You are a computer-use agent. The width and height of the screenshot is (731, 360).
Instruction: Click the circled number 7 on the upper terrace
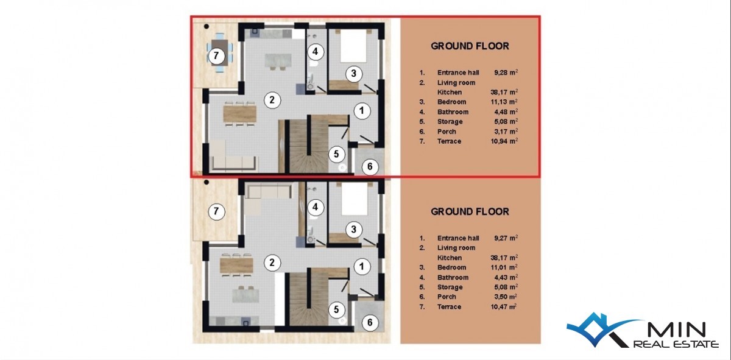pos(216,56)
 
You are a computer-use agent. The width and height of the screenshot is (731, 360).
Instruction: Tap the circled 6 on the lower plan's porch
pos(370,322)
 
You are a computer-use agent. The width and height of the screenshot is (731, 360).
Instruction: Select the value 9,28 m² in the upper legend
pos(506,72)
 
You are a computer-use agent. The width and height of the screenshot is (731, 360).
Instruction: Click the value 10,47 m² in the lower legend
pos(504,306)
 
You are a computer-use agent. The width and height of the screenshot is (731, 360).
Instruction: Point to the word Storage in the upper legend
pos(450,121)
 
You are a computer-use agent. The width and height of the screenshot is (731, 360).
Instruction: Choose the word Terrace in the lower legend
pos(449,306)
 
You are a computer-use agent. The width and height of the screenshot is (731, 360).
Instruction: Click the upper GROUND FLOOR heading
pos(470,46)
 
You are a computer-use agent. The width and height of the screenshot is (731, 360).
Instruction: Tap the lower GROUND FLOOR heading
pos(470,211)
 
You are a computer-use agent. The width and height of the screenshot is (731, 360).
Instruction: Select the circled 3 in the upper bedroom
pos(353,74)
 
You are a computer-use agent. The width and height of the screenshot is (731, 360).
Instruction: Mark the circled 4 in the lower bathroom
pos(315,207)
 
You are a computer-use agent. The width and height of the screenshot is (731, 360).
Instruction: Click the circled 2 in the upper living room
pos(272,99)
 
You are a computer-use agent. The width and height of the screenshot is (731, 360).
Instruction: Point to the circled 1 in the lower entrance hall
pos(362,266)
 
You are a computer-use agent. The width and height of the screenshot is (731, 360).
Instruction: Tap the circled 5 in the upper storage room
pos(336,154)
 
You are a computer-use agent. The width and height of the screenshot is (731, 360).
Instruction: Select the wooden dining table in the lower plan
pos(236,266)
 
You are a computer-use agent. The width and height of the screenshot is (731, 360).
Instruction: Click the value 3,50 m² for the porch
pos(505,297)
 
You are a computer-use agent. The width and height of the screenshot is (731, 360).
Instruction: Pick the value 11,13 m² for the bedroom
pos(504,102)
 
